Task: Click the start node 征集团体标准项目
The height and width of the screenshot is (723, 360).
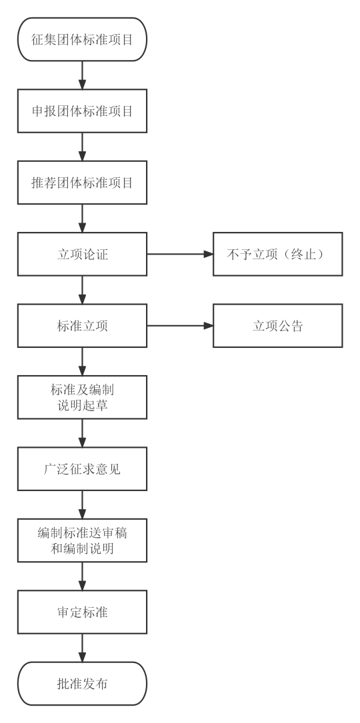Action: [82, 39]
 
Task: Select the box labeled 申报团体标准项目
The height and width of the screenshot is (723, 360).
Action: [82, 111]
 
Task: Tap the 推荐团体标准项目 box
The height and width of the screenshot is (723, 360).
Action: [82, 183]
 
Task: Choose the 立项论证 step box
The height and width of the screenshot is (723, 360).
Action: [82, 254]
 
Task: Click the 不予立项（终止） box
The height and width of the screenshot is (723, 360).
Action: [278, 254]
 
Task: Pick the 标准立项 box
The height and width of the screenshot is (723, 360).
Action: [82, 326]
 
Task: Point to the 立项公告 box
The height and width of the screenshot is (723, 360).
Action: [278, 326]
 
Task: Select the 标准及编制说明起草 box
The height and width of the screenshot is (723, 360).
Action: [82, 397]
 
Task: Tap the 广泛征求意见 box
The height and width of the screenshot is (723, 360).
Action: [82, 469]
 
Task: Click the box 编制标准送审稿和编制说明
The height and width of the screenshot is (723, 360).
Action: [82, 540]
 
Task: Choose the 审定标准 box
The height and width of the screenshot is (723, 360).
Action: [82, 612]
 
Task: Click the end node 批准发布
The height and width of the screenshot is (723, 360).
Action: [82, 683]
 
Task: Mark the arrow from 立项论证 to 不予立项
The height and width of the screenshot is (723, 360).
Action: [180, 254]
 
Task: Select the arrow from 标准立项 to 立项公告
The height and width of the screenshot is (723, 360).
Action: [180, 326]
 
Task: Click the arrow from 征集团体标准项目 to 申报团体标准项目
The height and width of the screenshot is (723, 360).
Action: [82, 75]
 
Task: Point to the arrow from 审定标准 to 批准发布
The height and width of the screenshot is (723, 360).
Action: [82, 648]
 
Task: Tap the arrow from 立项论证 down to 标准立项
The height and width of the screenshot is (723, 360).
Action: [82, 290]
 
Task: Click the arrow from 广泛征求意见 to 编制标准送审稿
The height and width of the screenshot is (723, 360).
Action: [82, 504]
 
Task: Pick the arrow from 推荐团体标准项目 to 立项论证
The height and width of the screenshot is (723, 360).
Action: [82, 218]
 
